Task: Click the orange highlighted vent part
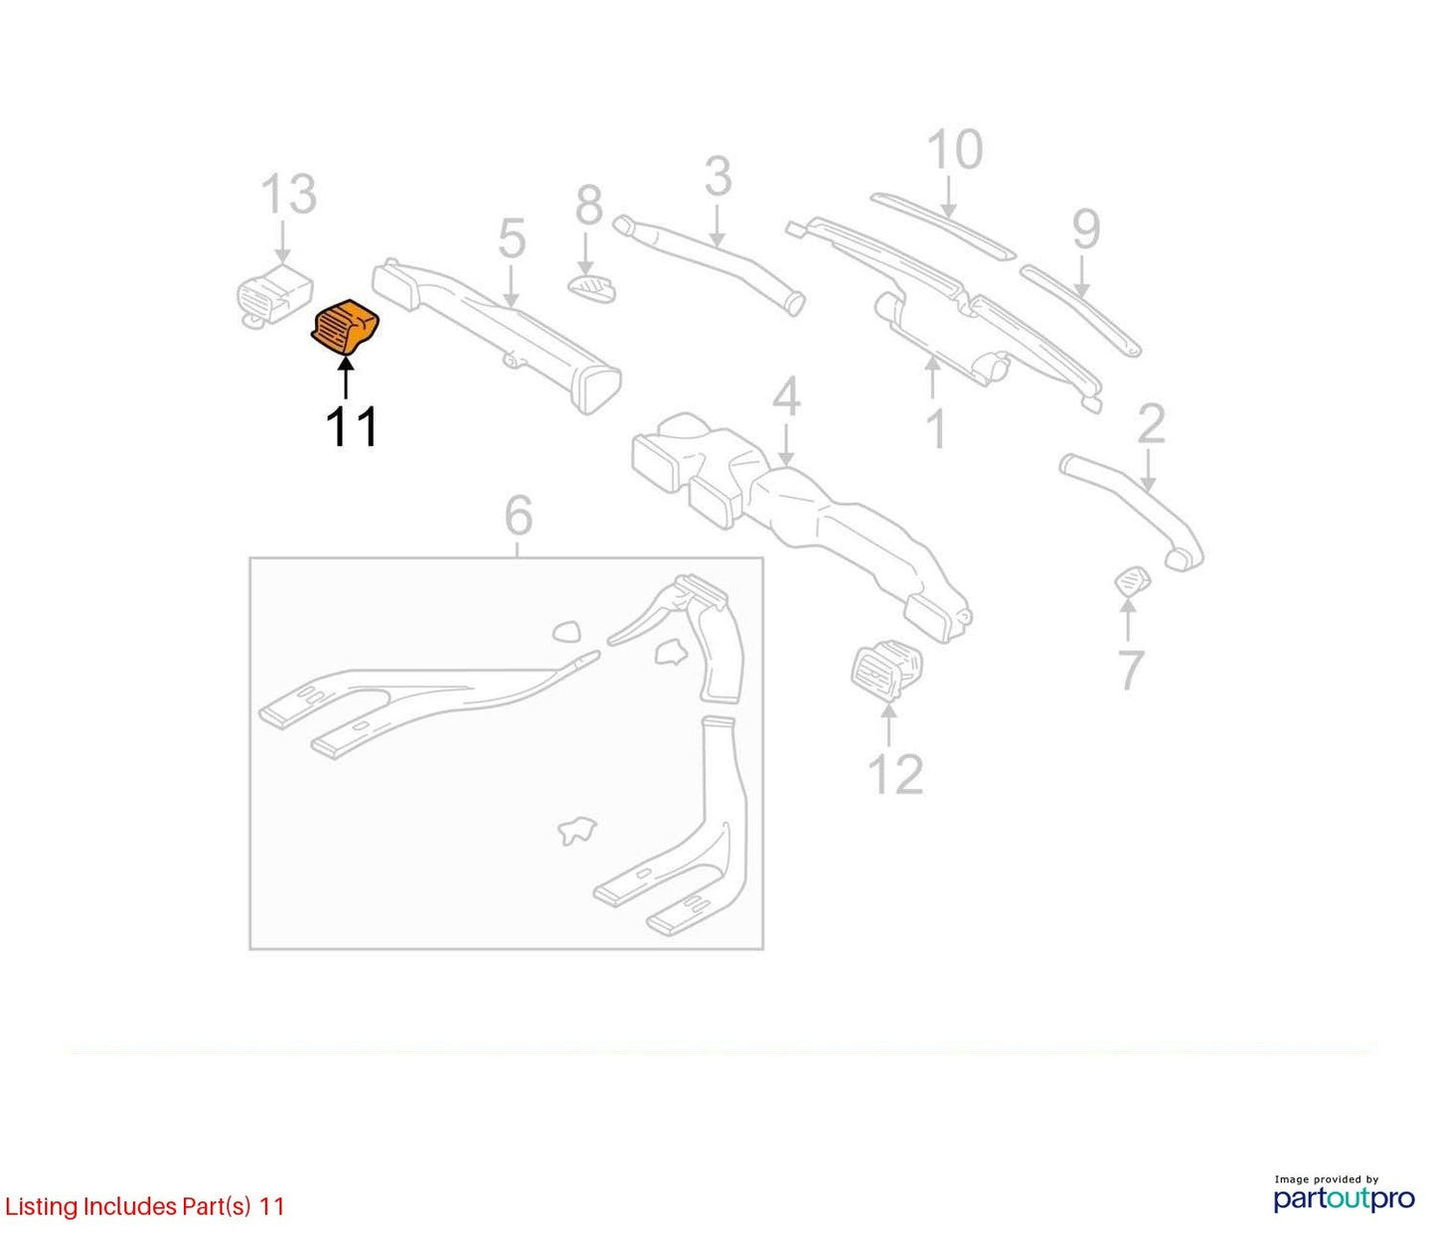tap(345, 327)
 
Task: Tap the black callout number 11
tap(351, 426)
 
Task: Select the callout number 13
tap(289, 194)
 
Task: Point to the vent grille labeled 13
tap(273, 295)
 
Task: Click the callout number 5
tap(512, 238)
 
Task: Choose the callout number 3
tap(718, 177)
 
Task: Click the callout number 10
tap(955, 149)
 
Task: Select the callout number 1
tap(936, 428)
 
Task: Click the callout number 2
tap(1151, 424)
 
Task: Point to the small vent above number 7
tap(1132, 580)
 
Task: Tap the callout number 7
tap(1130, 670)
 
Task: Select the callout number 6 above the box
tap(519, 516)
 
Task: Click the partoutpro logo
tap(1345, 1199)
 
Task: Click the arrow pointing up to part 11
tap(345, 377)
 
